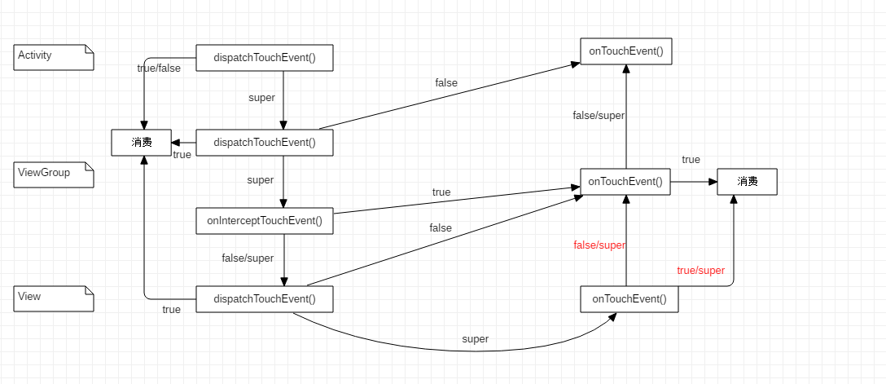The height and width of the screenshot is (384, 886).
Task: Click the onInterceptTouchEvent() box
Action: click(x=265, y=221)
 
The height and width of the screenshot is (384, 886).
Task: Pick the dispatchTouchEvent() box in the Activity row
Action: click(x=265, y=58)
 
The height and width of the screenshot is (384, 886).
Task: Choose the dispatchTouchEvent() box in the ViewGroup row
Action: click(x=265, y=143)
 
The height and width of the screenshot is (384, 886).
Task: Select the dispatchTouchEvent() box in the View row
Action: click(x=265, y=299)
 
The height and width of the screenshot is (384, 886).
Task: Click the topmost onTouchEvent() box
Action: click(x=625, y=51)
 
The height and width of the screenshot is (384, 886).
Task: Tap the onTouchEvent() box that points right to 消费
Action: click(x=625, y=182)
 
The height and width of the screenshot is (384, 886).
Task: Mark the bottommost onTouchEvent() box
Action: click(x=629, y=299)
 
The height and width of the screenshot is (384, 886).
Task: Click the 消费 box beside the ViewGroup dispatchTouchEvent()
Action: click(x=142, y=143)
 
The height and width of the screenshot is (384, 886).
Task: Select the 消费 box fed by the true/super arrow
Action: click(x=747, y=182)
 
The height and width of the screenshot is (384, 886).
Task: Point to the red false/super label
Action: click(x=599, y=245)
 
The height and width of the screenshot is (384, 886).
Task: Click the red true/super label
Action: click(x=700, y=271)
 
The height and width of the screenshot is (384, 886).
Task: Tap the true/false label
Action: click(x=159, y=68)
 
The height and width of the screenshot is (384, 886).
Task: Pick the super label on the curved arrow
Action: click(x=475, y=339)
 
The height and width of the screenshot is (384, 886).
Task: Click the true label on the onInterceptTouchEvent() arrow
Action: click(x=441, y=192)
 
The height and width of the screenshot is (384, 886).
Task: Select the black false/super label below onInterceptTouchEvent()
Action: click(x=248, y=258)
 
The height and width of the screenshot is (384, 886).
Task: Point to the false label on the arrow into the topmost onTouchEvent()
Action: click(x=446, y=83)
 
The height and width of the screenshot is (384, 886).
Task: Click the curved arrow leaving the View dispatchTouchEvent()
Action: click(x=456, y=350)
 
